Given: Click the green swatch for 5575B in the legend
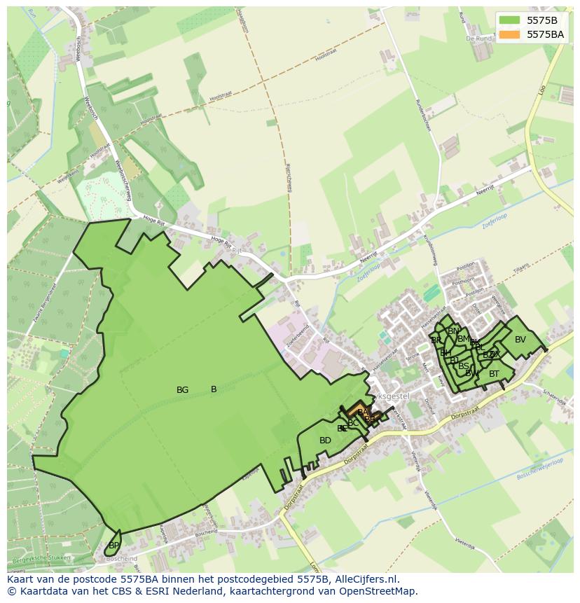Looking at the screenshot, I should pos(509,20).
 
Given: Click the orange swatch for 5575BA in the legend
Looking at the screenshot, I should pos(509,34).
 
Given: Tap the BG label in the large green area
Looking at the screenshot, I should pos(182,390).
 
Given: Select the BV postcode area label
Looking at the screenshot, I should pos(520,340).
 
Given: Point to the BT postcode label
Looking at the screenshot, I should pos(494,374).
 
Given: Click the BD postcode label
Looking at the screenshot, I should pos(325,441).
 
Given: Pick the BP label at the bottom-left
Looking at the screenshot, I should pos(113,545).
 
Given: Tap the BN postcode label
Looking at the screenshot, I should pos(453,331).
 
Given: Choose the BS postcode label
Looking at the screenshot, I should pos(464,366).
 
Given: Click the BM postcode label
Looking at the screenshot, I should pos(463,339).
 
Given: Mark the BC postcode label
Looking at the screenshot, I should pos(353,423).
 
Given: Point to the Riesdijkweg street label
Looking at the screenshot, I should pos(288,178).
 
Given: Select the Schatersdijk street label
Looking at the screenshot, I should pos(553,397).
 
